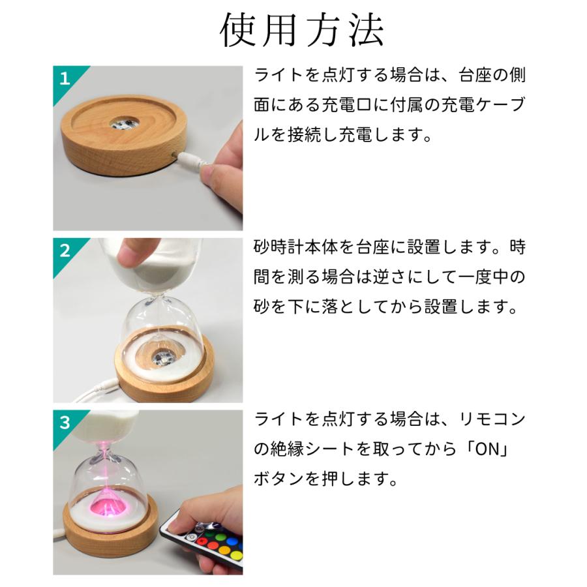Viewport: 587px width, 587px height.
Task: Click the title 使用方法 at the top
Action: (x=301, y=30)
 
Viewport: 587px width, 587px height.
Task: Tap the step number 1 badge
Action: (x=64, y=79)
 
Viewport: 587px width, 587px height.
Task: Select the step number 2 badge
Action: (x=64, y=250)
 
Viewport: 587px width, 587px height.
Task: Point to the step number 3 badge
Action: (x=64, y=422)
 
